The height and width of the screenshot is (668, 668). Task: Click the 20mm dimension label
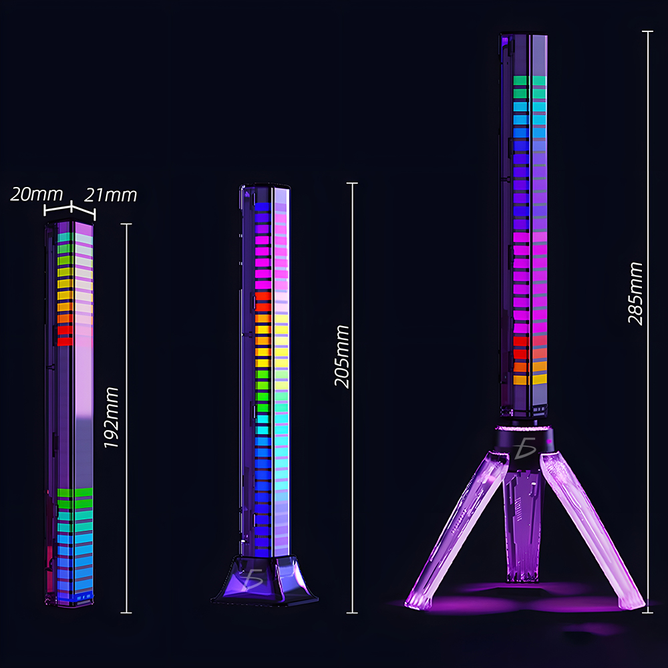coord(36,194)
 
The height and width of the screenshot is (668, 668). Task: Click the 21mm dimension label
coord(111,194)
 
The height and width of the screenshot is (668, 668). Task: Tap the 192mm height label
coord(112,417)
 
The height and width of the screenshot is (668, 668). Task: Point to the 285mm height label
coord(635,293)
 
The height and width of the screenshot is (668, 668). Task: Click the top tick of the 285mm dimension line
coord(647,32)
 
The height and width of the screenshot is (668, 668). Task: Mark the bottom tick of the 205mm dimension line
coord(353,612)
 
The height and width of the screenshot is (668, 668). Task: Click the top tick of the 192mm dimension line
coord(126,224)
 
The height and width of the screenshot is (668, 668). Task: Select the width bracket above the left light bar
coord(70,211)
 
